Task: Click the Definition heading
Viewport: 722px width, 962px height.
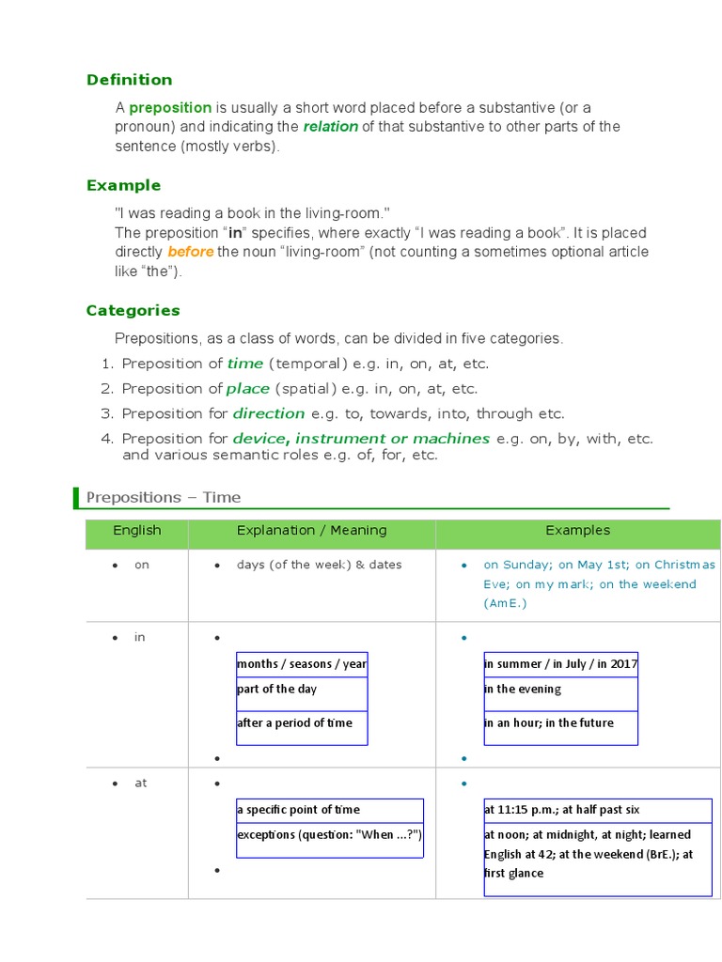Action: click(129, 80)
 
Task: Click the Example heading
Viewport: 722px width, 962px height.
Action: click(123, 185)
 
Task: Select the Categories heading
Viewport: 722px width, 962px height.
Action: click(133, 310)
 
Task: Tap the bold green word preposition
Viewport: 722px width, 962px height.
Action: click(170, 108)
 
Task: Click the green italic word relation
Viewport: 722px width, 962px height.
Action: click(330, 127)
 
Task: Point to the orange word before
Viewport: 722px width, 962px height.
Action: click(190, 252)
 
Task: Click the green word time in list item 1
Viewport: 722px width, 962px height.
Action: click(245, 364)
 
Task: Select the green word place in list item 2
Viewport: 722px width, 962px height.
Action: click(248, 388)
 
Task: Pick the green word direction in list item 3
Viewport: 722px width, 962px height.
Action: click(269, 413)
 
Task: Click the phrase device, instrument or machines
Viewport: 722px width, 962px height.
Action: click(361, 438)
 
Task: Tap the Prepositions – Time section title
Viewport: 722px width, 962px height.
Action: click(164, 497)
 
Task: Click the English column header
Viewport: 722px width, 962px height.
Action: click(137, 531)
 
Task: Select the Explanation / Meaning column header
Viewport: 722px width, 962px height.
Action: click(311, 531)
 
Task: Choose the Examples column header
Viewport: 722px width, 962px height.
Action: click(577, 531)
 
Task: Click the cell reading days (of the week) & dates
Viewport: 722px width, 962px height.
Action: click(319, 565)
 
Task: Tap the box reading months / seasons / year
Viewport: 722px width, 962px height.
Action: click(302, 664)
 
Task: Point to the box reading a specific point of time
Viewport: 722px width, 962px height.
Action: click(329, 810)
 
